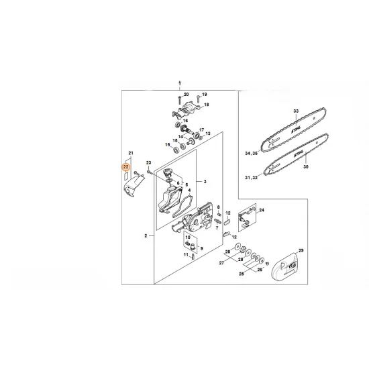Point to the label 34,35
(x=252, y=154)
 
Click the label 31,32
(x=252, y=177)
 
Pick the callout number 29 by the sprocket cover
(x=301, y=250)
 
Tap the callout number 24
(x=261, y=210)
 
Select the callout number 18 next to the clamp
(x=207, y=105)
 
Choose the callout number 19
(x=205, y=95)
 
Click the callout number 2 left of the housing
(x=145, y=236)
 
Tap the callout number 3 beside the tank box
(x=205, y=182)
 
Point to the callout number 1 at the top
(x=180, y=81)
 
